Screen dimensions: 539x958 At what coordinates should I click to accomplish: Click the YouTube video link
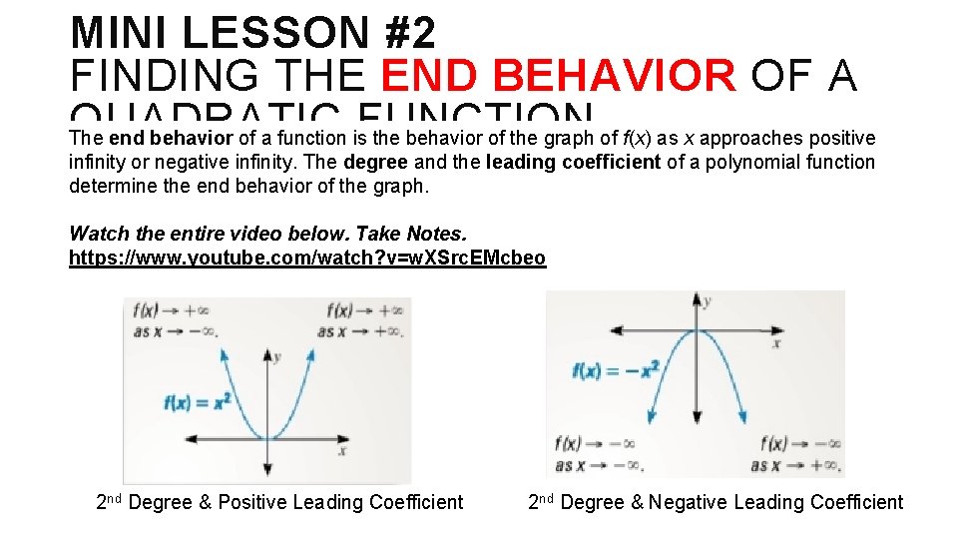coord(307,259)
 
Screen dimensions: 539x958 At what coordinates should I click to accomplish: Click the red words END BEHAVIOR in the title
coord(559,76)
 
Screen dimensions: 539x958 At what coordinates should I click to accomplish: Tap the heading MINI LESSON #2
coord(253,33)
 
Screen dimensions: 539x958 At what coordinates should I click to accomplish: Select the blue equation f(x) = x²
coord(198,402)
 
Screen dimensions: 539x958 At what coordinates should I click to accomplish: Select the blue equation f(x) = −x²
coord(616,370)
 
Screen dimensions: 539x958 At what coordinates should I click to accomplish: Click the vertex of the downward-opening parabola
coord(698,330)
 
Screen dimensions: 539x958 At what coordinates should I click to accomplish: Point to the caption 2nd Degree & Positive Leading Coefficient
coord(279,502)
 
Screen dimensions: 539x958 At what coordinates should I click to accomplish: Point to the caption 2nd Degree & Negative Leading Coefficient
coord(716,502)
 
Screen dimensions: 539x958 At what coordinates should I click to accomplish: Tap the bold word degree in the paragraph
coord(376,162)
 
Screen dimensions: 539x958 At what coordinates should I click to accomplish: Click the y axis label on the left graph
coord(276,356)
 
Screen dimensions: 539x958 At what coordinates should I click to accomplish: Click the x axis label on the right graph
coord(776,343)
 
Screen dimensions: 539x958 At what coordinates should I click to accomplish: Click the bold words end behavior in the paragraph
coord(171,138)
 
